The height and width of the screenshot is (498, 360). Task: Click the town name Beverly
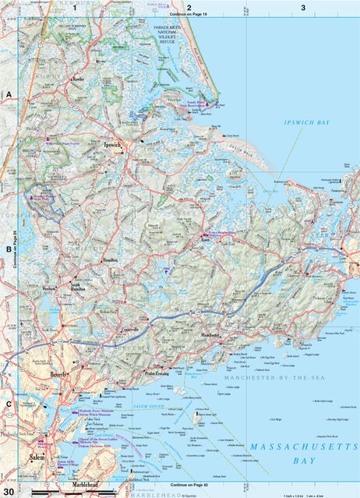coord(58,375)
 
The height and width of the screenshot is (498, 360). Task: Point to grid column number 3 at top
coord(303,7)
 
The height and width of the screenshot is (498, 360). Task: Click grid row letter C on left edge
coord(9,404)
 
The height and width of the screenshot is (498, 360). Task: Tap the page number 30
coord(8,492)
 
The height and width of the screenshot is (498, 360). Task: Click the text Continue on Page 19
coord(178,14)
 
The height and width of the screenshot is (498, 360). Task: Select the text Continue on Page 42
coord(178,486)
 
